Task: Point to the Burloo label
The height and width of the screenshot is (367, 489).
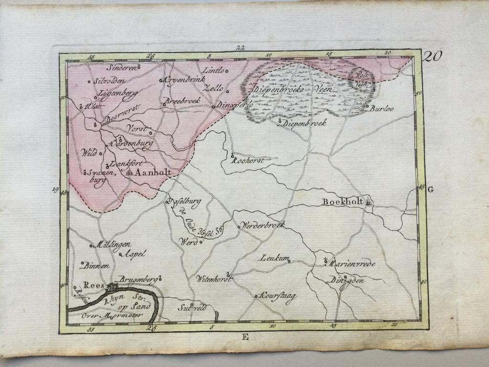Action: click(x=381, y=108)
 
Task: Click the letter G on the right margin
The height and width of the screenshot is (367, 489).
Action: click(x=431, y=190)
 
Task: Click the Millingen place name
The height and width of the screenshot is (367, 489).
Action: click(x=114, y=244)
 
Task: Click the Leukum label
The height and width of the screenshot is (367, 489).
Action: click(x=275, y=259)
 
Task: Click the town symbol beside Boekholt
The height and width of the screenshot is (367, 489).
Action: click(x=369, y=203)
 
